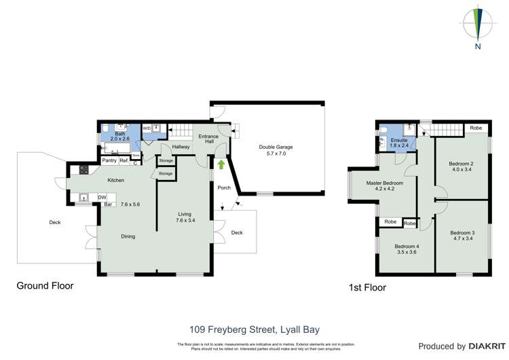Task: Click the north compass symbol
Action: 478,25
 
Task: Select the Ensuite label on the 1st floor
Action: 399,140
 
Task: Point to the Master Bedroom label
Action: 385,183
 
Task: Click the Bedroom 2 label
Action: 461,164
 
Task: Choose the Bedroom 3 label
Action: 462,233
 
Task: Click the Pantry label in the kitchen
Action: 109,160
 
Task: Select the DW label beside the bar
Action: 102,197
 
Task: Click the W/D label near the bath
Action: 147,128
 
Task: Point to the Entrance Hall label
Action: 208,139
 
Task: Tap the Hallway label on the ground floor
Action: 181,147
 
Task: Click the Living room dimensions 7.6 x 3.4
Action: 185,221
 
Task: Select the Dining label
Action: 128,236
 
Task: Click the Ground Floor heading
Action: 45,286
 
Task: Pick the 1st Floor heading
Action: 367,287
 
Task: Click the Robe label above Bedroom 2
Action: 476,128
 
